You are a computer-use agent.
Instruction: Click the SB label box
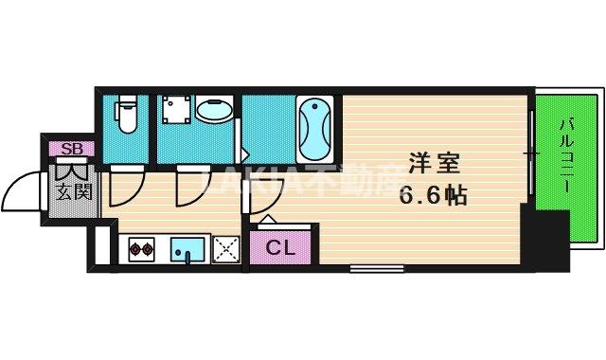pyautogui.click(x=71, y=148)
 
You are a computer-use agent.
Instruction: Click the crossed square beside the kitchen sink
pyautogui.click(x=227, y=250)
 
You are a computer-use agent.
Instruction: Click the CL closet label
pyautogui.click(x=278, y=249)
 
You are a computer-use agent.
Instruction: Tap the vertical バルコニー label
pyautogui.click(x=568, y=152)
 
